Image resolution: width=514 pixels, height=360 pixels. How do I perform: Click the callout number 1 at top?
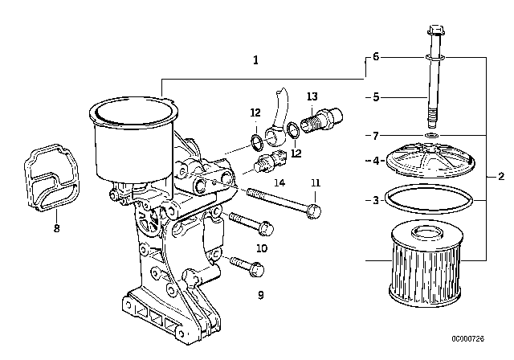click(255, 59)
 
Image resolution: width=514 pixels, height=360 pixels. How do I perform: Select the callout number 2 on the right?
click(501, 176)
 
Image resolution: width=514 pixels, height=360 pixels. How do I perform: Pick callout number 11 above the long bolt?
click(316, 182)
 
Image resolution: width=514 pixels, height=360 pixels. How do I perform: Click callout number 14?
click(279, 182)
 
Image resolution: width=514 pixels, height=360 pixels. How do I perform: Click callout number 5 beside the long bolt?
click(375, 97)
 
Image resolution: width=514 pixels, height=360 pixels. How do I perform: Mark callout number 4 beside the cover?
click(375, 161)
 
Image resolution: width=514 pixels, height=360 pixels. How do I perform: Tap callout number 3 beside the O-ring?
click(375, 199)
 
